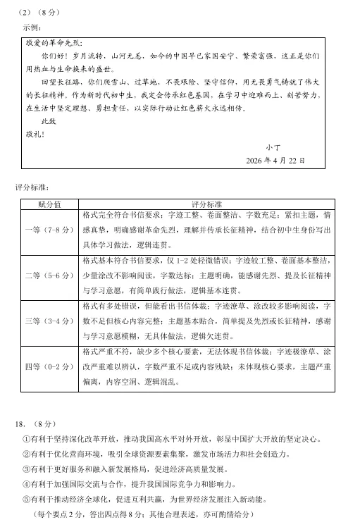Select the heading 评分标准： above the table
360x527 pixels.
33,188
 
